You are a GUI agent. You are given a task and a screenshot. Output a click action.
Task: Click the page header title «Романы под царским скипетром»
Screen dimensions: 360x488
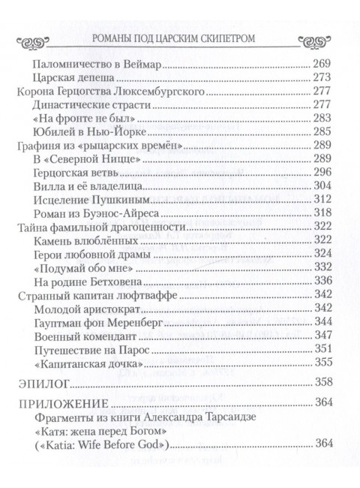pyautogui.click(x=179, y=39)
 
